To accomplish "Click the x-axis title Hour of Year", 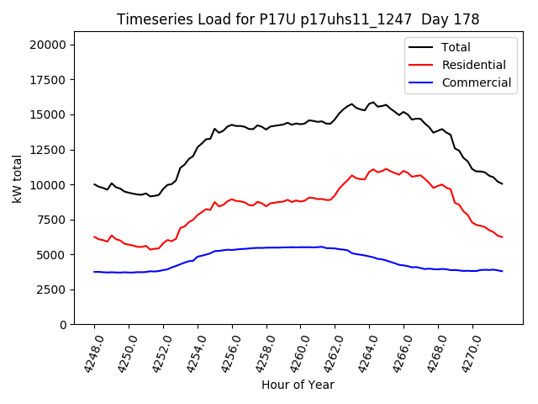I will pos(298,385).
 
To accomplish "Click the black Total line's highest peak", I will pos(373,102).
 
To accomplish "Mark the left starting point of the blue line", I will pos(94,272).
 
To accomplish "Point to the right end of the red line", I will pos(503,237).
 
